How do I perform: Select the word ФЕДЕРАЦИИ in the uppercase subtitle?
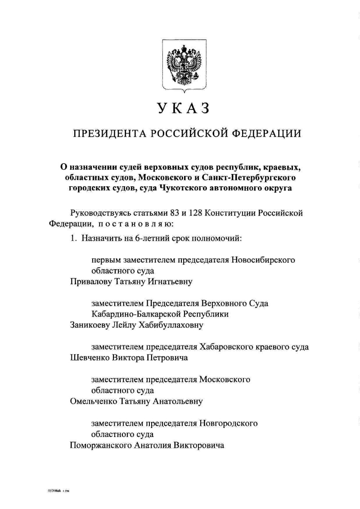(x=265, y=134)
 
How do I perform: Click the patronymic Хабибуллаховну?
(x=163, y=325)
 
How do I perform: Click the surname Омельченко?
(x=94, y=401)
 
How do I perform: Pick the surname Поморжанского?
(x=103, y=446)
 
